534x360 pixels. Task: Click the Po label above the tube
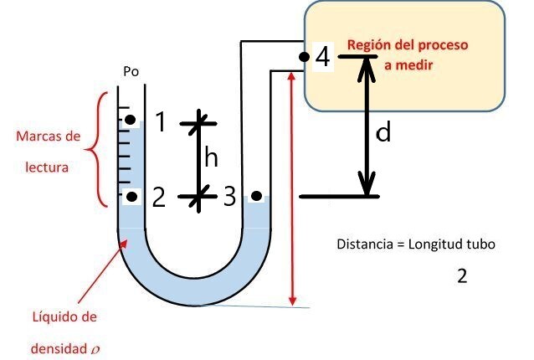(131, 71)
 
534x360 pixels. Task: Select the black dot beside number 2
(131, 198)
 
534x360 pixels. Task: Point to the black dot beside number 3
(256, 198)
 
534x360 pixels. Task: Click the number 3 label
(229, 198)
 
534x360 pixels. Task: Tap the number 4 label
(323, 58)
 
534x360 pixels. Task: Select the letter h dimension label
(212, 157)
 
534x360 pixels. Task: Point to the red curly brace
(99, 147)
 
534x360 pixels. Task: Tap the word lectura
(47, 167)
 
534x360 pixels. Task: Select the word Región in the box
(366, 44)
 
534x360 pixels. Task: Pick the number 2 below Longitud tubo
(462, 276)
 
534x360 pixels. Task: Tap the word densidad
(55, 345)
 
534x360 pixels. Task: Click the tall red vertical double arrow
(291, 188)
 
